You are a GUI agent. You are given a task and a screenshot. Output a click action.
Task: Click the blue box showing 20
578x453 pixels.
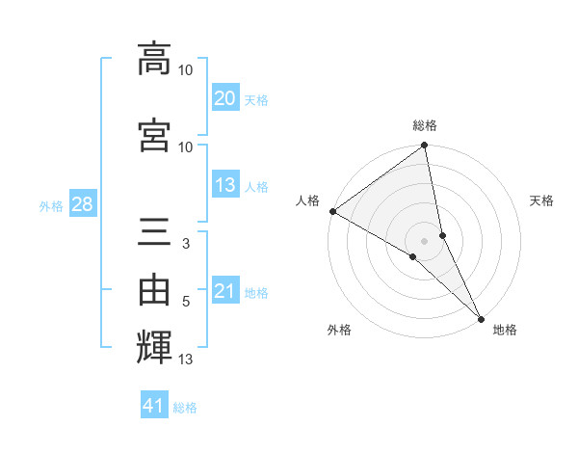point(225,98)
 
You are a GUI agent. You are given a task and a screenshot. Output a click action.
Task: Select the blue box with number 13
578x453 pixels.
point(225,186)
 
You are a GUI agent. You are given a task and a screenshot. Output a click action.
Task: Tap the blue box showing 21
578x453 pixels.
point(225,292)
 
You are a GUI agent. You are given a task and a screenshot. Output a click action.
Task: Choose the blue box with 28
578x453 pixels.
point(81,205)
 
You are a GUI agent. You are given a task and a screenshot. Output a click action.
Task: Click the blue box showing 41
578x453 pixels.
point(154,406)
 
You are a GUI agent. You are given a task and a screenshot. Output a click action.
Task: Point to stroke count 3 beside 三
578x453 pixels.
point(185,245)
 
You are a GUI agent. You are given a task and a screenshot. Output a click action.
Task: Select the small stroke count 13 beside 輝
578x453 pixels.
point(186,360)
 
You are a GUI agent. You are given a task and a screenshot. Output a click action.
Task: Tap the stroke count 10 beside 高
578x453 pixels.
point(186,69)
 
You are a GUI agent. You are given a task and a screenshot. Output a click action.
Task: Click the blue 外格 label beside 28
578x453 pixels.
point(51,206)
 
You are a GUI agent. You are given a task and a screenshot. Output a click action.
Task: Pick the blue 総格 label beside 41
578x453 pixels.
point(185,408)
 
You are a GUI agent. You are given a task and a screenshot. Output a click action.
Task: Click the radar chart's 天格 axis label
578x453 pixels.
point(541,200)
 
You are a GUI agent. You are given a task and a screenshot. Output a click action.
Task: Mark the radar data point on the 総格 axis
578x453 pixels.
point(425,147)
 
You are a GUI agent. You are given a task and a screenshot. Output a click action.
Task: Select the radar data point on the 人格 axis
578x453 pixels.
point(332,211)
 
